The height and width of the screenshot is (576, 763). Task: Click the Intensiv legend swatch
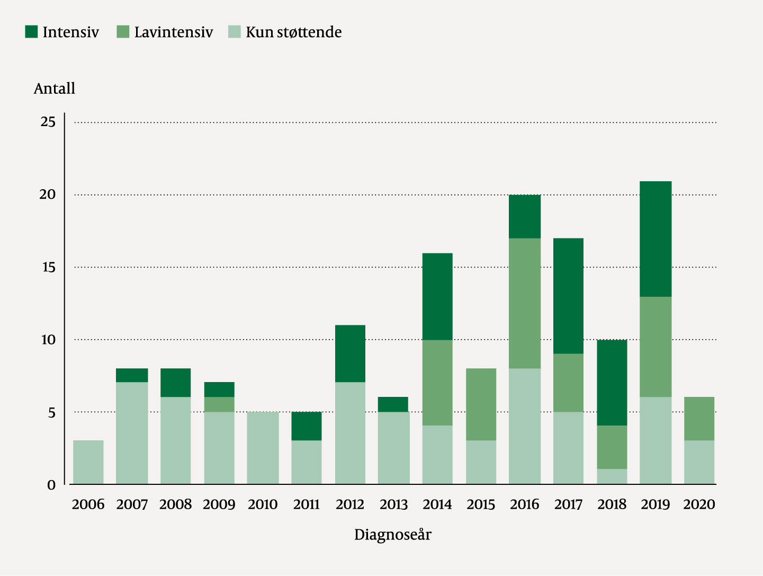(x=31, y=32)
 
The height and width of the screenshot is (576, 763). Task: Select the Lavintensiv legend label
(x=173, y=32)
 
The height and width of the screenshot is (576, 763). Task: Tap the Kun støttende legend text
(x=293, y=32)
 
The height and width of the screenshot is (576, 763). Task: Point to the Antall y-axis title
(x=55, y=88)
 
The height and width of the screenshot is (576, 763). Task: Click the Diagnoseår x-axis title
(x=393, y=535)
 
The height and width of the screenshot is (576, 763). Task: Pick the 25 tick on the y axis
(x=48, y=122)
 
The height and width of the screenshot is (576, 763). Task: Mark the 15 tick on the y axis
(x=48, y=267)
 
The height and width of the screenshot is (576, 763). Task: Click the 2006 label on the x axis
(x=88, y=504)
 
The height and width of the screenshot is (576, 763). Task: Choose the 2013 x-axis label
(x=393, y=504)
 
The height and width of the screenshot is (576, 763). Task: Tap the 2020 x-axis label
(x=699, y=504)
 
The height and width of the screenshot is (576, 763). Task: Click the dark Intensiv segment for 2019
(x=656, y=239)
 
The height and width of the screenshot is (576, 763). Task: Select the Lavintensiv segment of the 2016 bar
(x=525, y=303)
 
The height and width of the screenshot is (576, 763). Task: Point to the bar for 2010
(x=263, y=448)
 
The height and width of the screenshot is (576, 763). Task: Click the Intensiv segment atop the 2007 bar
(x=132, y=375)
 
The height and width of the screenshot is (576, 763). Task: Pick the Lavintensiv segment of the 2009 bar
(x=219, y=404)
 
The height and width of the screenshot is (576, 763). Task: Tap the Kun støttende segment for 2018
(x=612, y=476)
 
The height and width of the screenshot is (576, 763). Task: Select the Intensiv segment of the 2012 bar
(x=350, y=353)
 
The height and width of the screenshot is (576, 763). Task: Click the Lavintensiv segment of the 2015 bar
(x=481, y=404)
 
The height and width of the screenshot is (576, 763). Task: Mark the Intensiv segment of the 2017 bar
(x=568, y=296)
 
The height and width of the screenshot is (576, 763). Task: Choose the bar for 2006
(x=88, y=462)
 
